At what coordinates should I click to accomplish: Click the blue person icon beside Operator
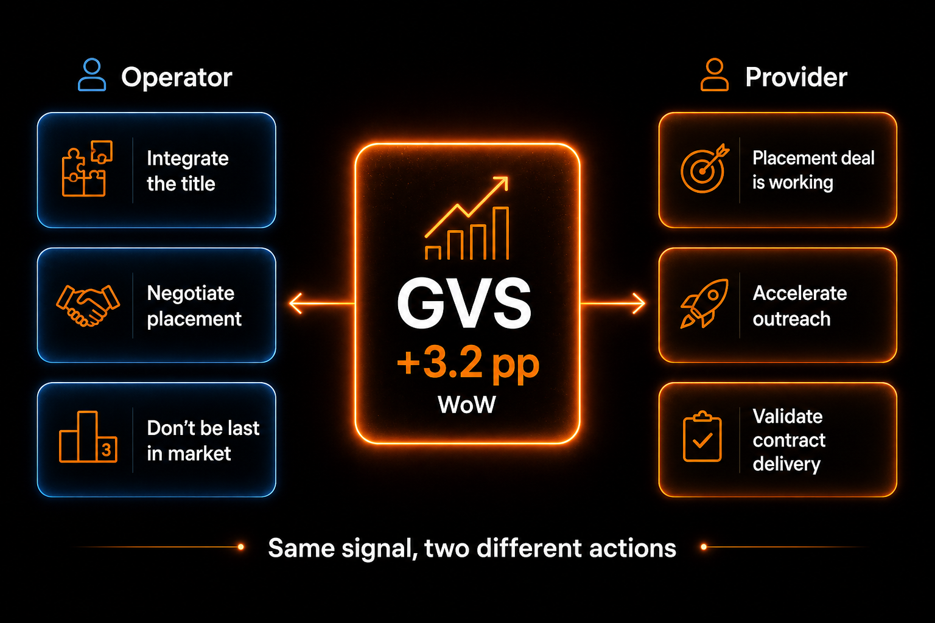(x=92, y=74)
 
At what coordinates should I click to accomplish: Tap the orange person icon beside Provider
(x=715, y=74)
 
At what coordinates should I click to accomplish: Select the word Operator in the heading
(x=177, y=78)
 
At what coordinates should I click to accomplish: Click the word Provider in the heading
(x=796, y=77)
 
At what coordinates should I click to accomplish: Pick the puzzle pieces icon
(x=87, y=169)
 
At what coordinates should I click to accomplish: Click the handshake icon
(x=88, y=305)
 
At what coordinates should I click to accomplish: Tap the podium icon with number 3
(x=88, y=436)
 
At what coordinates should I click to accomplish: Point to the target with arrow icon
(x=704, y=169)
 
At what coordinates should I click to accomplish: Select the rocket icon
(x=704, y=304)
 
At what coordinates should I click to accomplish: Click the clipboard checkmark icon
(x=702, y=436)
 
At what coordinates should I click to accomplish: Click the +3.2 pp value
(x=468, y=364)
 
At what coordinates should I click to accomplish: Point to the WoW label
(x=467, y=405)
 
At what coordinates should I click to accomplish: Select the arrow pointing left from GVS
(x=322, y=304)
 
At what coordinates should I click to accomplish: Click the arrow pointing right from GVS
(x=613, y=304)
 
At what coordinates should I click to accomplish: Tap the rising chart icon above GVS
(x=467, y=218)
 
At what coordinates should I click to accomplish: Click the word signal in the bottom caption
(x=380, y=549)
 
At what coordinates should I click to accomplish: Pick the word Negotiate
(x=191, y=293)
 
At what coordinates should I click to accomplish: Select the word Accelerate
(x=800, y=293)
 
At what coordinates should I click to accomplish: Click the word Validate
(x=788, y=416)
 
